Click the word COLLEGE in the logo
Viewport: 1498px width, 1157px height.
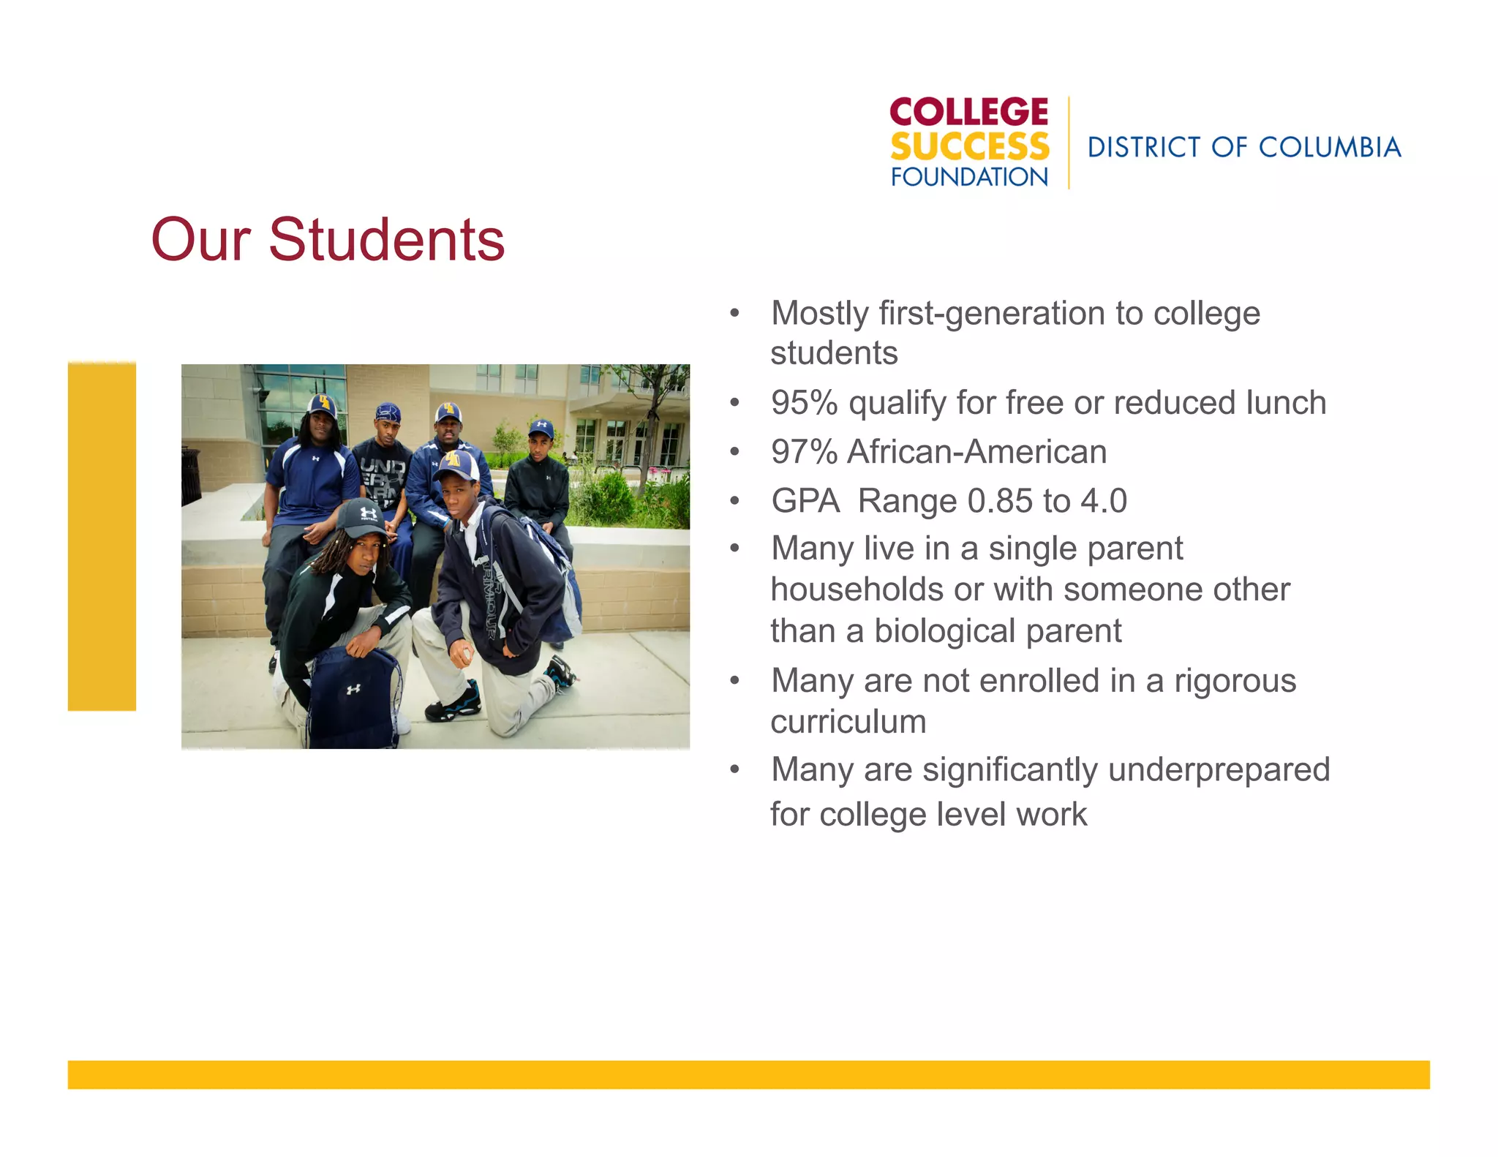click(968, 113)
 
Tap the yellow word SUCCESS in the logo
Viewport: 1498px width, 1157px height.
click(969, 147)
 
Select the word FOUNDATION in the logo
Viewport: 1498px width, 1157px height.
click(969, 177)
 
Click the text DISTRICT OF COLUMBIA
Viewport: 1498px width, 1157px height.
click(1243, 148)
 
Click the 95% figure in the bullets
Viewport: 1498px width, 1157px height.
click(804, 403)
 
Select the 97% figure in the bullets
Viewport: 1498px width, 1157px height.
click(804, 452)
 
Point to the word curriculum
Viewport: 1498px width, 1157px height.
click(848, 723)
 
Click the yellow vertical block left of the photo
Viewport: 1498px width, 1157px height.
click(102, 536)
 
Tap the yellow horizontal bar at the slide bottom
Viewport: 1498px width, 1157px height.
click(748, 1074)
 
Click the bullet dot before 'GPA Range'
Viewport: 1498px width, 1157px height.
click(735, 502)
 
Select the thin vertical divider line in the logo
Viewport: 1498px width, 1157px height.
click(1069, 143)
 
